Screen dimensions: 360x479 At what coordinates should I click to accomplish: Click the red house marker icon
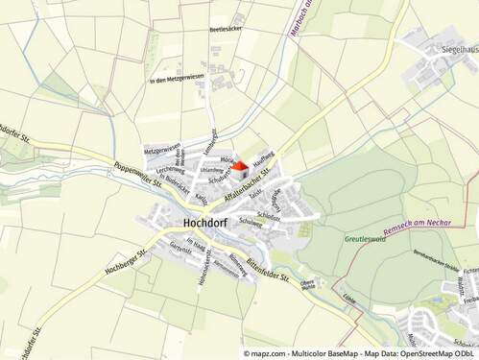239,166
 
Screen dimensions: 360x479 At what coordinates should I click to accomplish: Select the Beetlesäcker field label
227,30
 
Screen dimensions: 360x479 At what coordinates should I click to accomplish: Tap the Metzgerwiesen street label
162,150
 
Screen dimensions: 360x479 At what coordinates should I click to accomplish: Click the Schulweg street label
252,222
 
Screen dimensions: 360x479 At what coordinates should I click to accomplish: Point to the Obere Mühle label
308,284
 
